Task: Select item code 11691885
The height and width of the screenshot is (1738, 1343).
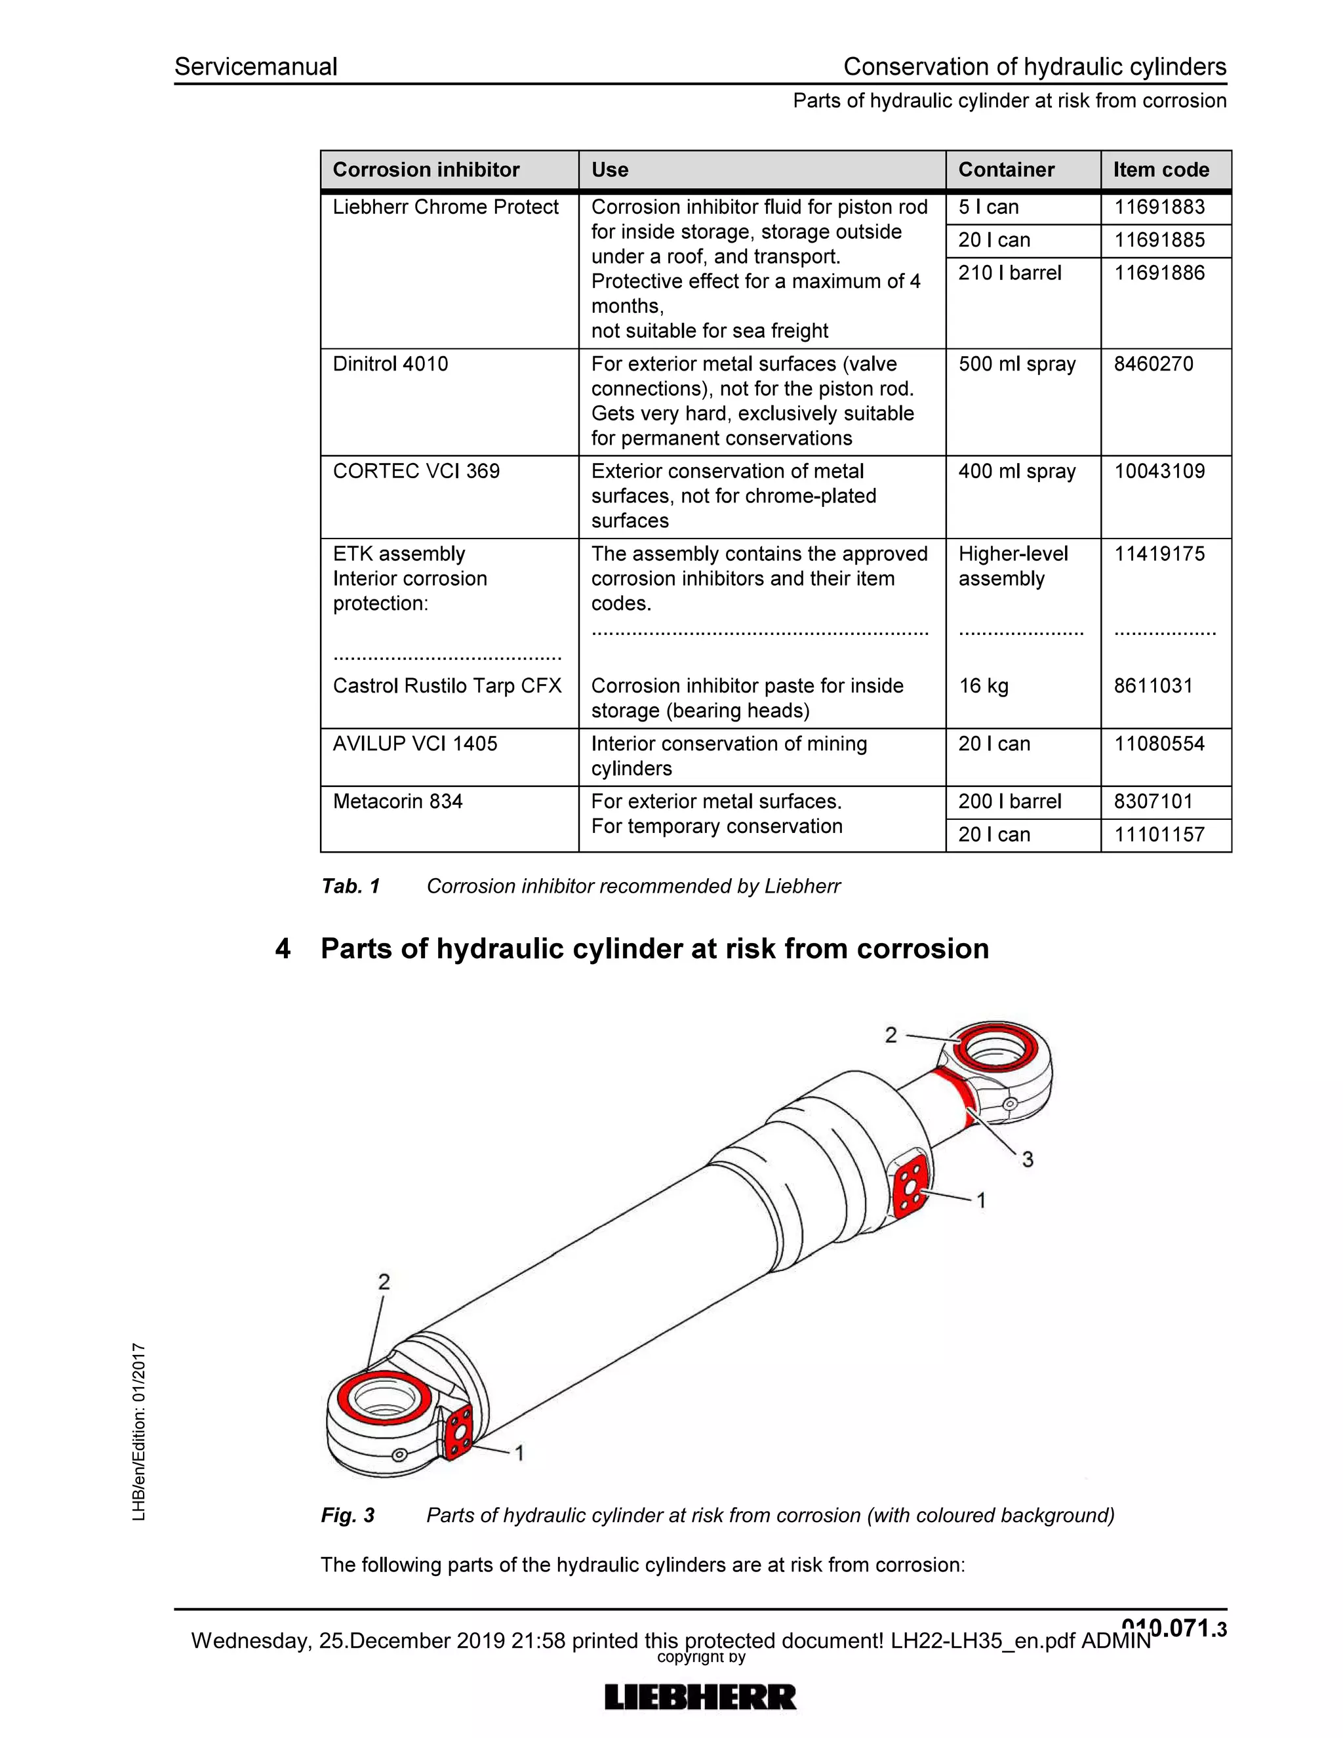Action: [1159, 239]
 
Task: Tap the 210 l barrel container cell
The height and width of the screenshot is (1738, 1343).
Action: [1009, 273]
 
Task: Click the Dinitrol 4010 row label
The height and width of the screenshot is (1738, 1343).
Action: [390, 364]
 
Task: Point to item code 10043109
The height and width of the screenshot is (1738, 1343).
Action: [1159, 471]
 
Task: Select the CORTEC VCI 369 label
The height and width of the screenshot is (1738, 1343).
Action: [416, 471]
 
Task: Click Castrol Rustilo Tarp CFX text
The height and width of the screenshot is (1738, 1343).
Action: [447, 686]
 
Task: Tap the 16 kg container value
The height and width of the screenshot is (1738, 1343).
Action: [984, 686]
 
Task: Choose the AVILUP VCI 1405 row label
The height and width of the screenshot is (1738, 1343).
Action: [414, 744]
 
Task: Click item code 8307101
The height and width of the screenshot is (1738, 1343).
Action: [1153, 801]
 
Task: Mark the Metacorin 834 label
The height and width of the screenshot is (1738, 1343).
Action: [397, 801]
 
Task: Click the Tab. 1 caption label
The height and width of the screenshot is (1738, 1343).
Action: [351, 887]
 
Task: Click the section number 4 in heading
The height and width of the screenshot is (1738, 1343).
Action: [283, 948]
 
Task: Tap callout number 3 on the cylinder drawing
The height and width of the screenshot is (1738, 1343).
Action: [1027, 1160]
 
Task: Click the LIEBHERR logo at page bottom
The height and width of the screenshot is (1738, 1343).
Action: [700, 1697]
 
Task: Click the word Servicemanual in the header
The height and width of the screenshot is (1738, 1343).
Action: [255, 67]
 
